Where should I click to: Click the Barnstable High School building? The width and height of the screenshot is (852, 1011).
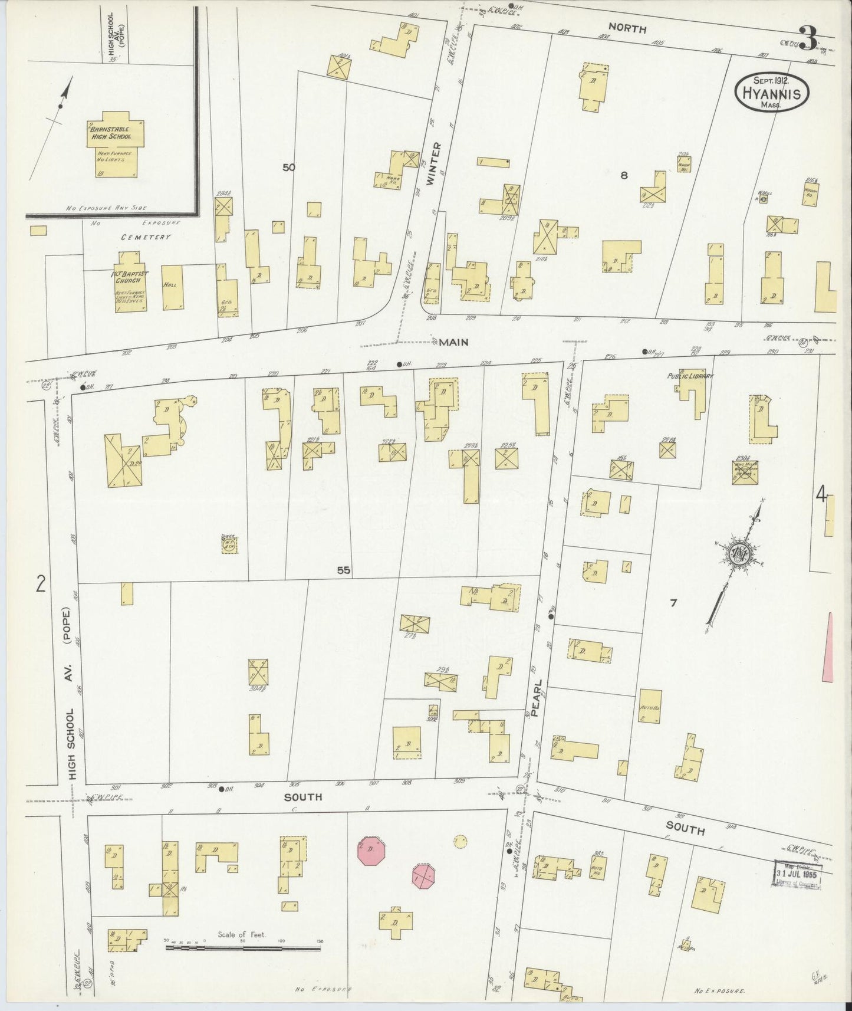click(x=116, y=145)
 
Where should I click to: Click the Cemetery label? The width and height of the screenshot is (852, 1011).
click(x=146, y=237)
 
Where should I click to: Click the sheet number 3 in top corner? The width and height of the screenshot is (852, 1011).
click(x=808, y=38)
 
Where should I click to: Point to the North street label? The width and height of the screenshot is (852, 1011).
click(x=627, y=28)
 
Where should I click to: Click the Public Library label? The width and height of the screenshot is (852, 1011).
click(x=690, y=376)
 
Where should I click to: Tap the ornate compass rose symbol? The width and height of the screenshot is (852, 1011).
click(x=737, y=553)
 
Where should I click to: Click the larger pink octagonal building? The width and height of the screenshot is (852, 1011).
click(x=370, y=851)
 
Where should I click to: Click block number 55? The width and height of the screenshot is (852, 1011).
click(x=343, y=570)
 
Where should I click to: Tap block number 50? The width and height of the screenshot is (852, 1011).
click(x=288, y=168)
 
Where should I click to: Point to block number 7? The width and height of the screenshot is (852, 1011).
click(x=673, y=603)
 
